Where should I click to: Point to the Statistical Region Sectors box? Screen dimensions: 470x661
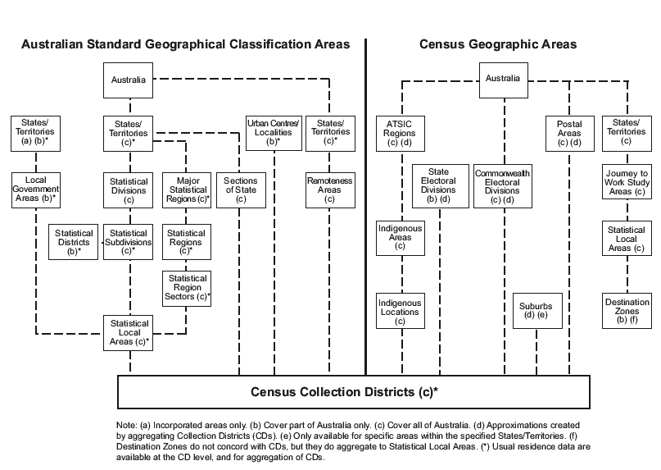click(x=188, y=289)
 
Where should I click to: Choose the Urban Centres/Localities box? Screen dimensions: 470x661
click(x=274, y=131)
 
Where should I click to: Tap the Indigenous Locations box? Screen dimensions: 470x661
click(x=400, y=313)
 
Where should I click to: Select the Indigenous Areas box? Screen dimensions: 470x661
click(x=400, y=239)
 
